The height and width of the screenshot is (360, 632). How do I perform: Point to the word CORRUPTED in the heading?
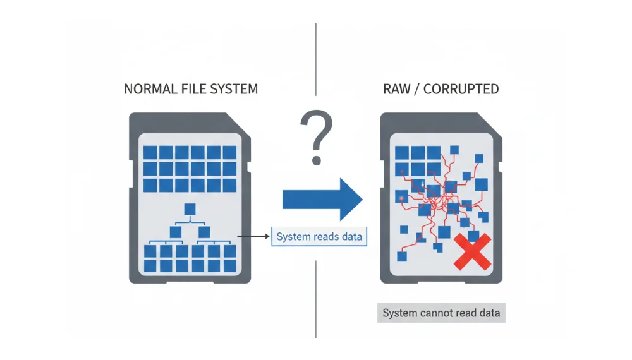461,88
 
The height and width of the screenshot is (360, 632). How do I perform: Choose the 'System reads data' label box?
319,237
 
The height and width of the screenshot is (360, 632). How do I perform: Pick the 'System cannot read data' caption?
441,313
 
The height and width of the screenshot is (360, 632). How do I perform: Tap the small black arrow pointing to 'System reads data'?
253,237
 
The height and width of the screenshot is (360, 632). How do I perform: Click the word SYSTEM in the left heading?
233,88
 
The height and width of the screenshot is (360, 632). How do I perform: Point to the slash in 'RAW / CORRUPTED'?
416,88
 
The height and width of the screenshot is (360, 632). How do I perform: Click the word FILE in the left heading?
191,88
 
